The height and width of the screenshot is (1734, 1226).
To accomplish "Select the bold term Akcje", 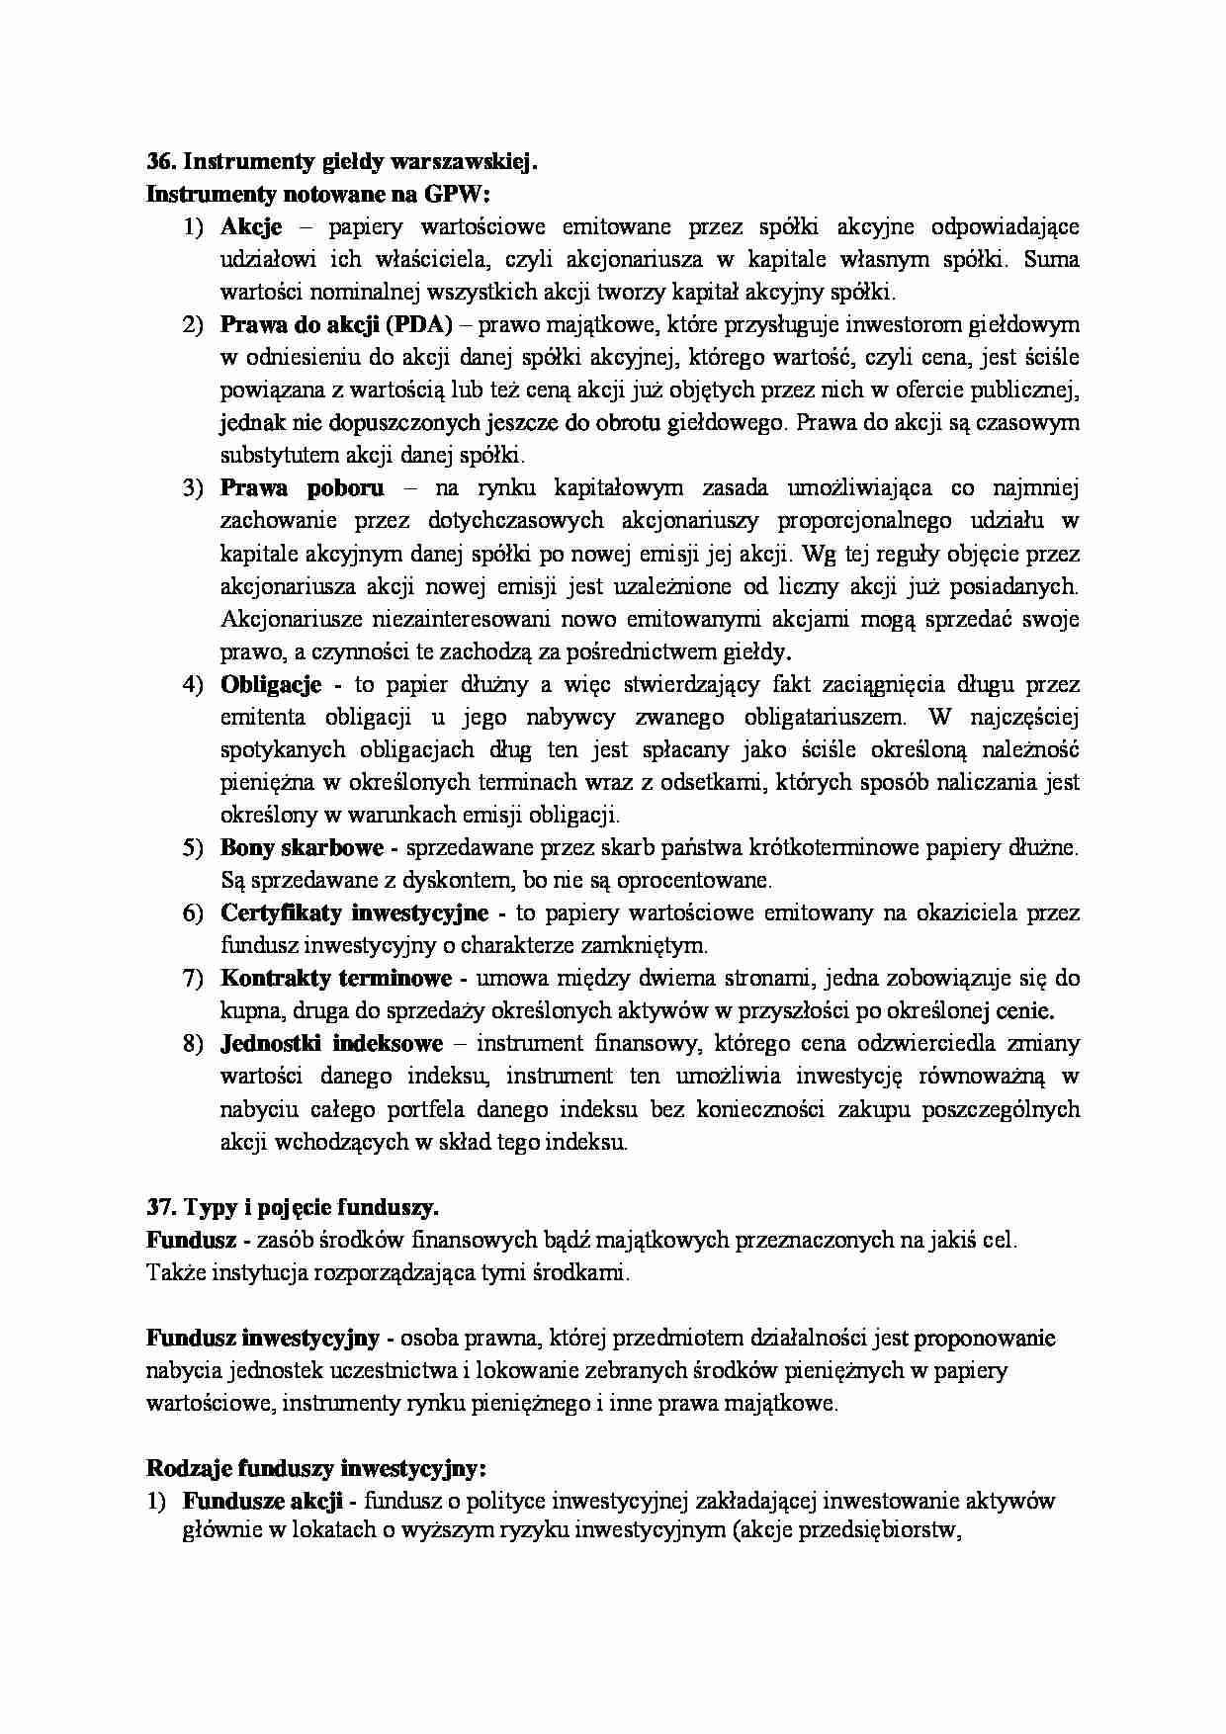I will tap(251, 227).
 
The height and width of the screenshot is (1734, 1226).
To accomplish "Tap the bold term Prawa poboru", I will tap(302, 488).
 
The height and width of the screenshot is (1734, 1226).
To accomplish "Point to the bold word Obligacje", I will tap(271, 684).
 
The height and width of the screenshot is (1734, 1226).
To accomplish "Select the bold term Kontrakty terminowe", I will tap(336, 979).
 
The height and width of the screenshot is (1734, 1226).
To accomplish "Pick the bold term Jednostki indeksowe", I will tap(331, 1044).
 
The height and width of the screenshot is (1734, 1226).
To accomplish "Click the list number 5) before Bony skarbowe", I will tap(192, 847).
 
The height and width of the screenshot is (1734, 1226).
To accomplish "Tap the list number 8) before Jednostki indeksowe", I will tap(192, 1044).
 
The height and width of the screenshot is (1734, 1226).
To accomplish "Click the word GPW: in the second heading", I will tap(464, 195).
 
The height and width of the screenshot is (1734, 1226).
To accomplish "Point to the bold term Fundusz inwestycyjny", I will tap(263, 1339).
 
